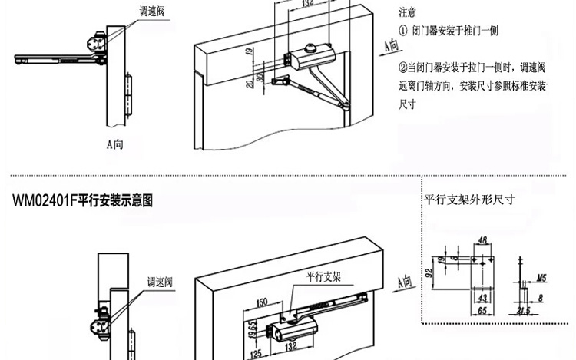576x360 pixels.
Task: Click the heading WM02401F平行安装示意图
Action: (83, 201)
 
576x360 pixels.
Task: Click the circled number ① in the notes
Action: (404, 31)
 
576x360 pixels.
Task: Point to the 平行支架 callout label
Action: (323, 277)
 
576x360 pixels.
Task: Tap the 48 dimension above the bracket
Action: (482, 240)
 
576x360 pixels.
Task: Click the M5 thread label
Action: (541, 279)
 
